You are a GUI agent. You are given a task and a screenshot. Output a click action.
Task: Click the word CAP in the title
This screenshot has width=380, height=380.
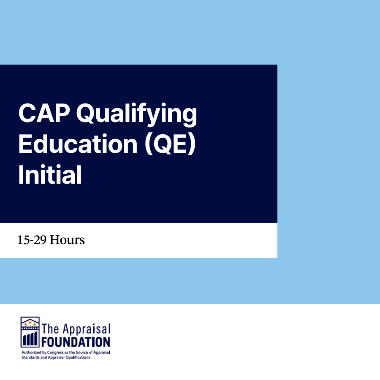(x=44, y=113)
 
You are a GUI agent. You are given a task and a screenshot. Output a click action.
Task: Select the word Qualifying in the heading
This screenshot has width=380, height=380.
(x=137, y=115)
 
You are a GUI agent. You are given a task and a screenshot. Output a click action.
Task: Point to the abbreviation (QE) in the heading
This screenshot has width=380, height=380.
(x=170, y=144)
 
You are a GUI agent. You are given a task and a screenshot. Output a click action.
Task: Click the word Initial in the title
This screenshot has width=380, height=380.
(x=50, y=174)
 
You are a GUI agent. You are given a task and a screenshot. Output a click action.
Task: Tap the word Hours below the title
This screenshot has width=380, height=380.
(x=67, y=240)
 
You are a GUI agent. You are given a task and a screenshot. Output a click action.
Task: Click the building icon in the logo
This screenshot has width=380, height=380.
(x=30, y=332)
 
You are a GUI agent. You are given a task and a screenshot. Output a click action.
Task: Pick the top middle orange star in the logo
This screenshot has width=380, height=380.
(x=30, y=322)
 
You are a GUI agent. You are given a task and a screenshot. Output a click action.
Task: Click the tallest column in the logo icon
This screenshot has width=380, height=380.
(x=36, y=339)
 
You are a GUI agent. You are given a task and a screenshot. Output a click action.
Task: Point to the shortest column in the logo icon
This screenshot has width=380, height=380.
(x=24, y=340)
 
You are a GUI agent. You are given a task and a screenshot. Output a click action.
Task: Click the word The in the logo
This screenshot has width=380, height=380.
(x=50, y=329)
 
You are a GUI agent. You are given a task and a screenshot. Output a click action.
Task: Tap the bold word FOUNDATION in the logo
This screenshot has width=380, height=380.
(x=76, y=342)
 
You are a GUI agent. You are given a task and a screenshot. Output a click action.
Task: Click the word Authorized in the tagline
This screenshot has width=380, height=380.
(x=32, y=353)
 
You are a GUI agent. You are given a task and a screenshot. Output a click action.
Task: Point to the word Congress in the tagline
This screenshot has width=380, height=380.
(x=55, y=353)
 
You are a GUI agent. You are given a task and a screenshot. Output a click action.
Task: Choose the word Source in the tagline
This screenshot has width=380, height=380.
(x=82, y=353)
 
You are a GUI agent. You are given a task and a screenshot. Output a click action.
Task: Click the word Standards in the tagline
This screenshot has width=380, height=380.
(x=30, y=358)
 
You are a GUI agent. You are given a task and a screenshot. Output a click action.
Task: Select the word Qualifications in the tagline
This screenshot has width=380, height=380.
(x=78, y=358)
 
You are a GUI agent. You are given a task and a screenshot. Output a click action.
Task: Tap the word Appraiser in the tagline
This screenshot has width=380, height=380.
(x=56, y=358)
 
